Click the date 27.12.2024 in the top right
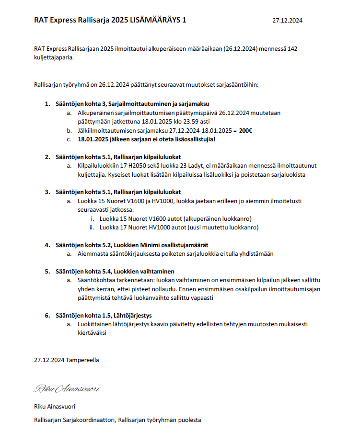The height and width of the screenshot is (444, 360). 287,21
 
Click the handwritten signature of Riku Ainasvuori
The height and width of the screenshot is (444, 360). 67,388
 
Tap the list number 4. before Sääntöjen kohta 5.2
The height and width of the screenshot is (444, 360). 47,245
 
